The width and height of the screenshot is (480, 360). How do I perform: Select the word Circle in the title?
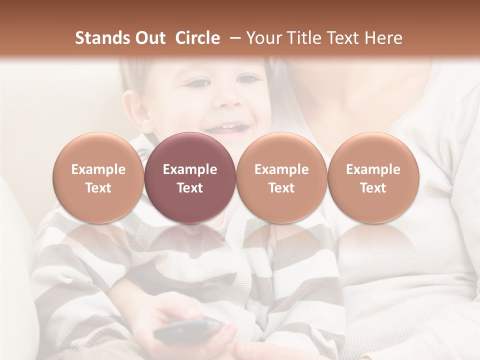(x=197, y=38)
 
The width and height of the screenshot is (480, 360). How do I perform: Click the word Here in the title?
(x=384, y=38)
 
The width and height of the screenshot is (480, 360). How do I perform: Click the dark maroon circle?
(x=190, y=177)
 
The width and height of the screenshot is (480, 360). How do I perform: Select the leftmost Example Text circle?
(x=98, y=177)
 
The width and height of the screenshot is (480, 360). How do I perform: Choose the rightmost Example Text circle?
(x=373, y=177)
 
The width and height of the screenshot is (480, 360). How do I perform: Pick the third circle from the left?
(x=281, y=177)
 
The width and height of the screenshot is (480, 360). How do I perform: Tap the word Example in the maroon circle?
(x=190, y=169)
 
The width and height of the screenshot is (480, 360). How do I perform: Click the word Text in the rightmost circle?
(x=373, y=188)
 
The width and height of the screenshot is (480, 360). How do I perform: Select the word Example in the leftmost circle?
(x=98, y=169)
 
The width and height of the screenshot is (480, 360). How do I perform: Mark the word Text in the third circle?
(x=281, y=188)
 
